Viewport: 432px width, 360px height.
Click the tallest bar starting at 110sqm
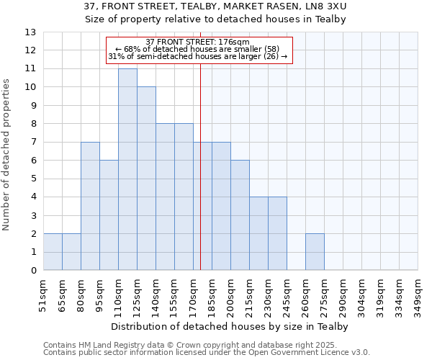coord(127,170)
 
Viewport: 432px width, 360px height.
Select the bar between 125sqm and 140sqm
coord(146,179)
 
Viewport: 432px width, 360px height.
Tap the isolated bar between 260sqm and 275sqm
coord(315,252)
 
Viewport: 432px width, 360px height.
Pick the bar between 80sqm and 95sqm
coord(90,207)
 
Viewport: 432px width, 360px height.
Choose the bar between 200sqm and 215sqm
coord(240,215)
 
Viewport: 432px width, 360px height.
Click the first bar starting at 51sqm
coord(53,252)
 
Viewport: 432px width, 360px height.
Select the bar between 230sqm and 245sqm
coord(277,234)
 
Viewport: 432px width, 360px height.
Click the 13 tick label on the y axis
coord(30,32)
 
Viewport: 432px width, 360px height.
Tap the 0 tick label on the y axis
coord(33,271)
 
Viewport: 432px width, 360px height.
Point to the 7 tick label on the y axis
coord(33,143)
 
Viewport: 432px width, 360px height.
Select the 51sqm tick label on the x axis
coord(43,295)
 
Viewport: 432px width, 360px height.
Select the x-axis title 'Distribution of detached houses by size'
coord(230,326)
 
